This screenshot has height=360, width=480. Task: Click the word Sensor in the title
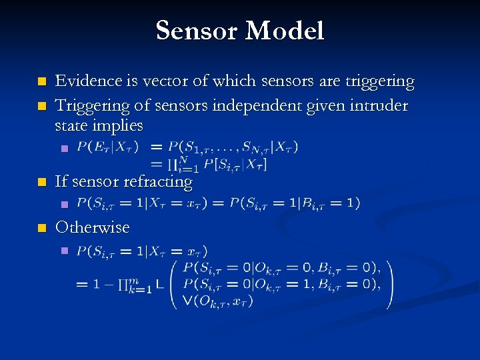(x=197, y=31)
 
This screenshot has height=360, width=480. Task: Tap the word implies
(x=118, y=125)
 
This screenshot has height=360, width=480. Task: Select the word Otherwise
(x=93, y=227)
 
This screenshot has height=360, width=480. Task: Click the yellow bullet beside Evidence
(x=41, y=82)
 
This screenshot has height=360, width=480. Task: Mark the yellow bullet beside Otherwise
(x=41, y=228)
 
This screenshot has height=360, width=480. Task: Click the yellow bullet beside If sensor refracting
(x=41, y=181)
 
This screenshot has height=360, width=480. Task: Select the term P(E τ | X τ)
(x=107, y=147)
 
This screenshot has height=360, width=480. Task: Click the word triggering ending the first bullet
(x=381, y=82)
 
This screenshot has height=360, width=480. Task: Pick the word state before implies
(x=73, y=125)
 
